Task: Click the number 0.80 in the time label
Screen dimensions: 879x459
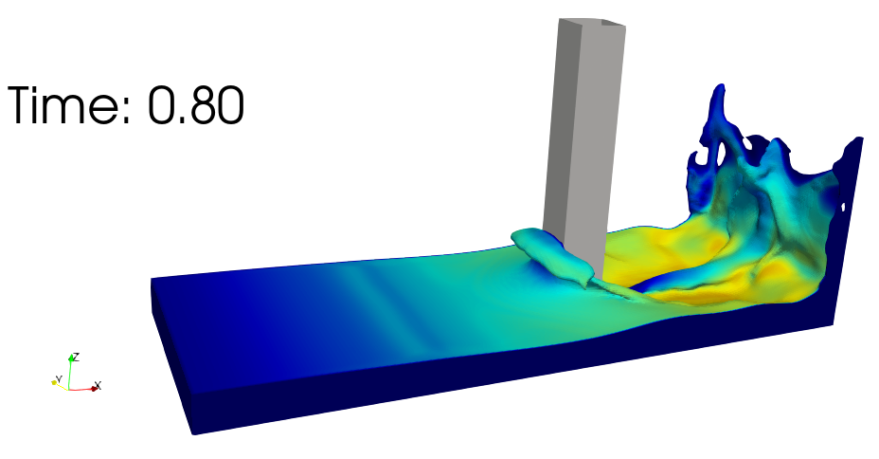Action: tap(196, 105)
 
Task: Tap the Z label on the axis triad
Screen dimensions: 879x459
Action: tap(76, 357)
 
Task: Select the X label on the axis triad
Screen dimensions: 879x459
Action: tap(99, 385)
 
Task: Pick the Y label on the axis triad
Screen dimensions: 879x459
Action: tap(59, 379)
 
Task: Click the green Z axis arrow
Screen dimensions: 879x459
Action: tap(69, 372)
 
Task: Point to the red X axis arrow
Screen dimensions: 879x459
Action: tap(83, 388)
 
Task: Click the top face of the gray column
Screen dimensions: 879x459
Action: tap(598, 24)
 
